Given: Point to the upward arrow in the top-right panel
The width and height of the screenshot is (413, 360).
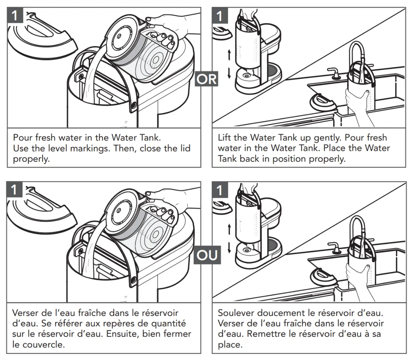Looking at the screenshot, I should tap(229, 55).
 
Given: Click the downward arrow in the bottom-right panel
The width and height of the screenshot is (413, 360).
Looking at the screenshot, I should tap(229, 247).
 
